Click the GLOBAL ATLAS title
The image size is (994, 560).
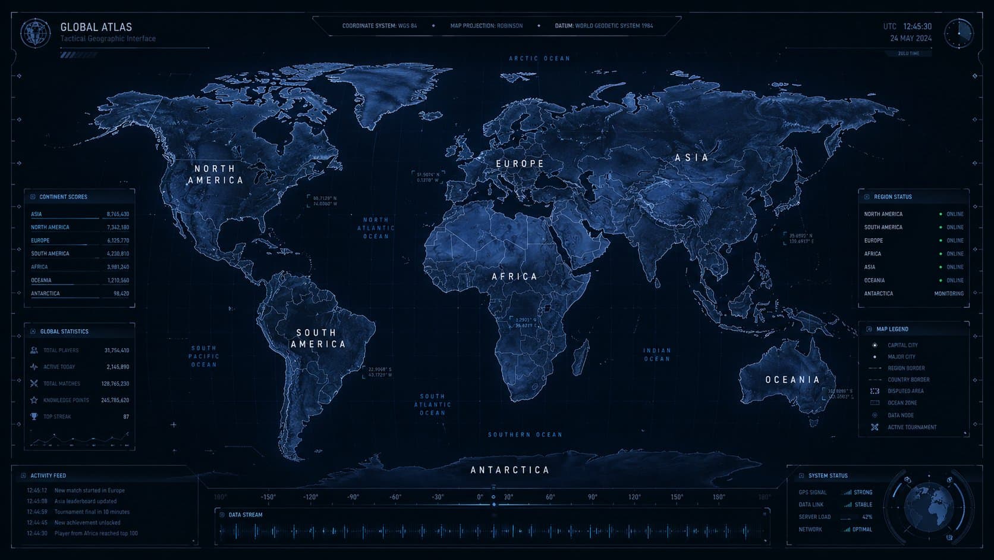click(x=96, y=27)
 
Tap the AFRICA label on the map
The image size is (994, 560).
click(x=514, y=276)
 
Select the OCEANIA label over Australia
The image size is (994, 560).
click(x=792, y=380)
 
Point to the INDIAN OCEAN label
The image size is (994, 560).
click(x=657, y=355)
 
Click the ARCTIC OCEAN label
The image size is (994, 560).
click(x=539, y=58)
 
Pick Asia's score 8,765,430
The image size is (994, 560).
click(x=118, y=214)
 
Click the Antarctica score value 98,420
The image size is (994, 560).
click(x=121, y=293)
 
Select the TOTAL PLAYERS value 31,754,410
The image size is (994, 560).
click(x=117, y=351)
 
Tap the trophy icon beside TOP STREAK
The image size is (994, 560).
click(x=34, y=417)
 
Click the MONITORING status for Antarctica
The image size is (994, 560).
click(x=949, y=293)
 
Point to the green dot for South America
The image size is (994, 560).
click(x=940, y=227)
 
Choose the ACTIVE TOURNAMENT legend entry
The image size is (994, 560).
click(x=911, y=427)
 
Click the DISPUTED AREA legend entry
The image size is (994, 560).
click(x=905, y=391)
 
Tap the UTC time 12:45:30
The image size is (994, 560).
click(x=917, y=27)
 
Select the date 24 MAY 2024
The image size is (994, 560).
click(x=911, y=39)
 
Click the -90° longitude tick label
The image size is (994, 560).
click(x=353, y=497)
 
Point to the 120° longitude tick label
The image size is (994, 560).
click(x=635, y=497)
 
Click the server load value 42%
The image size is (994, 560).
click(x=867, y=517)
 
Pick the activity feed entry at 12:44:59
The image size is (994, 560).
click(x=92, y=512)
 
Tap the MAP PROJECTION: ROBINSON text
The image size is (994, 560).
click(x=486, y=26)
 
